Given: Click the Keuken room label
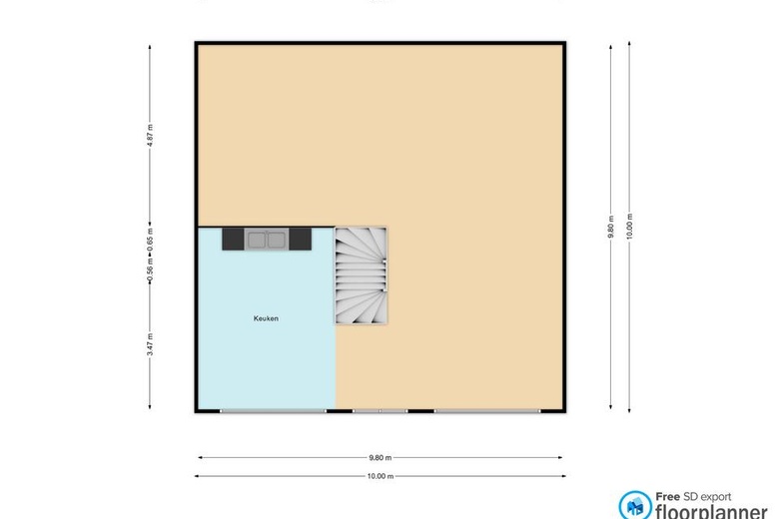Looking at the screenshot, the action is point(266,318).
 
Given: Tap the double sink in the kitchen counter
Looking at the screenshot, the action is point(267,240).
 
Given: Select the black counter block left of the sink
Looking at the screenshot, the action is point(233,239).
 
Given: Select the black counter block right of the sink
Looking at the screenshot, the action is point(300,239).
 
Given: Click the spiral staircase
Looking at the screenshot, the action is point(362,275).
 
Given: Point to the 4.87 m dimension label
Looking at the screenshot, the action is point(150,136).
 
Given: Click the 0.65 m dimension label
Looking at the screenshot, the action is point(150,240).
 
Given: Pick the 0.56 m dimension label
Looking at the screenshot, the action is point(150,269).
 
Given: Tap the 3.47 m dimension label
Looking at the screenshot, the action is point(150,344).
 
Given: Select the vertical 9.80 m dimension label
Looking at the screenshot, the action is point(611,227).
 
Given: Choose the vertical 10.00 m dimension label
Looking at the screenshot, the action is point(629,227).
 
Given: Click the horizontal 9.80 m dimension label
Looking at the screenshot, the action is point(381,457).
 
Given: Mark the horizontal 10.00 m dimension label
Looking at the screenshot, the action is point(381,476).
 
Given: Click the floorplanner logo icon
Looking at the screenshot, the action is point(635,506).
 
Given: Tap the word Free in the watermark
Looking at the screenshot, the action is point(667,497).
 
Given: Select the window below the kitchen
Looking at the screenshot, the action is point(274,411).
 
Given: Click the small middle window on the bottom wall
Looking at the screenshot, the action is point(381,411).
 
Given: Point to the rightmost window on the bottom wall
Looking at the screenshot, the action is point(487,411).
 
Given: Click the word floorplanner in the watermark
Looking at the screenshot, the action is point(711,512).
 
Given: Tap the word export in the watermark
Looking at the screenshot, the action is point(713,497).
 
